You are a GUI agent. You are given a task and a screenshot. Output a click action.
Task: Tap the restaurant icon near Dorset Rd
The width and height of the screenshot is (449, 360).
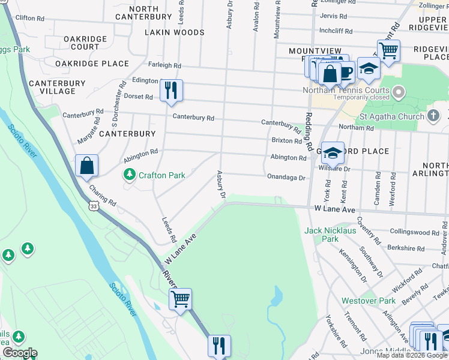[171, 90]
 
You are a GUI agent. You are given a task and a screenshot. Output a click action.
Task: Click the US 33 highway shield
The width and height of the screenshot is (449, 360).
[93, 206]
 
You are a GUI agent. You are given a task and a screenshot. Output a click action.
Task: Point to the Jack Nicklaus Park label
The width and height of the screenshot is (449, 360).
[330, 235]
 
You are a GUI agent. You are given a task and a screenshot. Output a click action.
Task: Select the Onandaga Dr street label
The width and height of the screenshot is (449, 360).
[286, 178]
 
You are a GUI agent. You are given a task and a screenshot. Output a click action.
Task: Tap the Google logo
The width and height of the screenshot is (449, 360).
[20, 353]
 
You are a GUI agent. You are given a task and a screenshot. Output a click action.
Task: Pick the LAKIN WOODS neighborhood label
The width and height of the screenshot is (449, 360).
[175, 32]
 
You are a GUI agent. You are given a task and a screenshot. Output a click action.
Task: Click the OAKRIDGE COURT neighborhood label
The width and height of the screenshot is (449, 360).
[85, 43]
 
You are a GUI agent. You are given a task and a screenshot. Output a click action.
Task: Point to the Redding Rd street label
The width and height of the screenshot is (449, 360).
[309, 131]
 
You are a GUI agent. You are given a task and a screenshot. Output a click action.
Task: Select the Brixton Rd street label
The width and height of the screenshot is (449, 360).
[286, 141]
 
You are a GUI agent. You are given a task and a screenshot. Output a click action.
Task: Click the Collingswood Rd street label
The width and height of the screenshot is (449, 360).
[414, 232]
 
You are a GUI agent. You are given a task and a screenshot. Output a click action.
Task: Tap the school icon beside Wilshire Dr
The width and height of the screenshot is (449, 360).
[332, 153]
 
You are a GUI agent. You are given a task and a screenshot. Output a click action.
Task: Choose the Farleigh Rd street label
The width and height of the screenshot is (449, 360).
[164, 65]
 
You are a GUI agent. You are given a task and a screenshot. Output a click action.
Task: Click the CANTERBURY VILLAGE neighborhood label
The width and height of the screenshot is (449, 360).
[52, 87]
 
